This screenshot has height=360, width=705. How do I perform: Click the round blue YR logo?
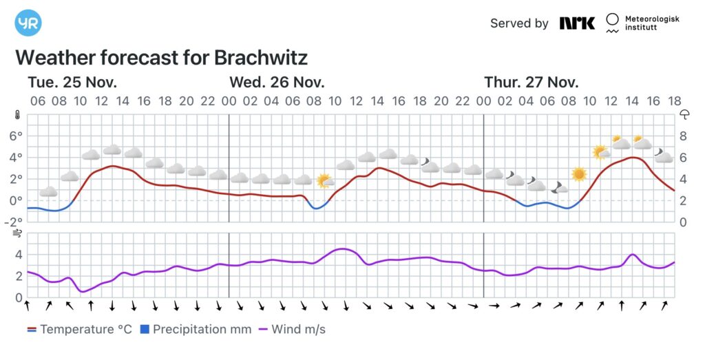[28, 23]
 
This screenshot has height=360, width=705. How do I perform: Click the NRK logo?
[577, 23]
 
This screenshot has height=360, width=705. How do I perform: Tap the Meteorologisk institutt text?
[651, 23]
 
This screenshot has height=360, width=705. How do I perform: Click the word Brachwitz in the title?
[261, 56]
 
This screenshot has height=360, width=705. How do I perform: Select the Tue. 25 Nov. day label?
[72, 83]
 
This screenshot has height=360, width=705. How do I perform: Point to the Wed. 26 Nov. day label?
[276, 83]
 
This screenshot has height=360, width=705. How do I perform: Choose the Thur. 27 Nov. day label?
[531, 83]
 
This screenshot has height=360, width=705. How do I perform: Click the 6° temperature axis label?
[15, 136]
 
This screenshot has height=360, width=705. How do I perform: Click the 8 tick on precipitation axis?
[684, 136]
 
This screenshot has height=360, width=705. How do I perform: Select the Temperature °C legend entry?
[78, 330]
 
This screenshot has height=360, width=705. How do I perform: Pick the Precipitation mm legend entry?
[196, 330]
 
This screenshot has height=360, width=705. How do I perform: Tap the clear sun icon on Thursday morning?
[578, 174]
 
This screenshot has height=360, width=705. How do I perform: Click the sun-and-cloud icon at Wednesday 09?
[324, 181]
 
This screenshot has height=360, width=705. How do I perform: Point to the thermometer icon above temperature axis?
[17, 116]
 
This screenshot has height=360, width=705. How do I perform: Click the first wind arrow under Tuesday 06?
[28, 305]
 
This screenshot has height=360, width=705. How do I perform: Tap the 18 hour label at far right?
[675, 101]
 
